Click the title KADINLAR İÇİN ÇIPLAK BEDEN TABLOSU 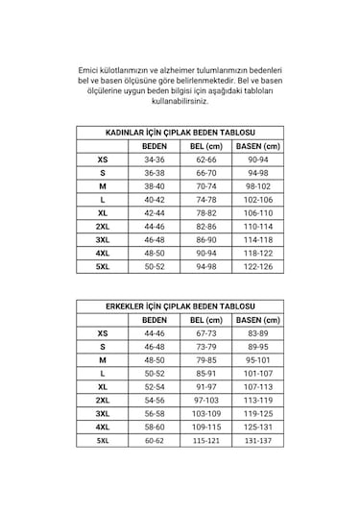(180, 134)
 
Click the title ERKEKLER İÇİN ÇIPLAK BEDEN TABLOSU (180, 306)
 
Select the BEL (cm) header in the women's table (205, 146)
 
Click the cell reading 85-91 (205, 372)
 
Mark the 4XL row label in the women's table (103, 252)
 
